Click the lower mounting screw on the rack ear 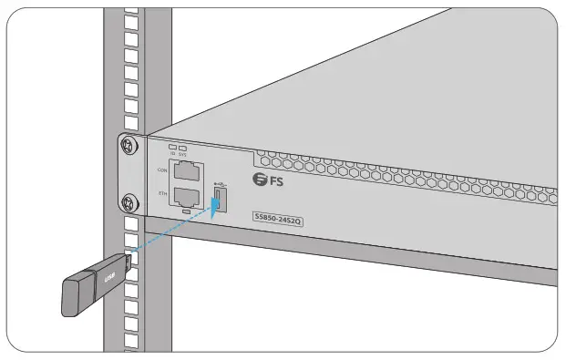coord(129,202)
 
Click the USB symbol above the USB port coord(220,181)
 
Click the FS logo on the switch coord(269,180)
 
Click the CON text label coord(162,169)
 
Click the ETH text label coord(162,193)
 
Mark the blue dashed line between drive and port coord(173,232)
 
